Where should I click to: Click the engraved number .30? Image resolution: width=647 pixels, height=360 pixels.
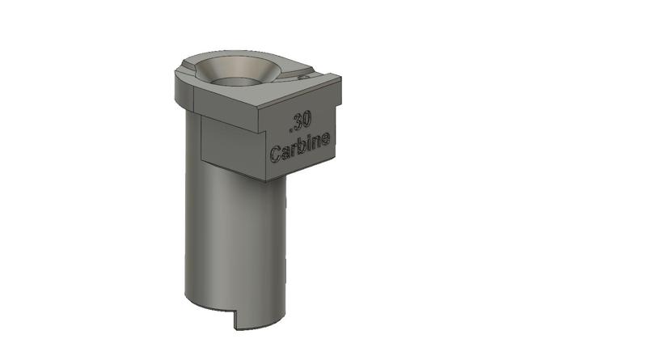click(300, 123)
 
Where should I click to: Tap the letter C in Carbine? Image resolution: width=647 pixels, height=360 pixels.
click(276, 154)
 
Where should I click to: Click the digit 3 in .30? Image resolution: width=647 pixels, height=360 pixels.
click(298, 123)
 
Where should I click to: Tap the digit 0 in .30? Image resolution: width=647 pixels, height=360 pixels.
click(306, 121)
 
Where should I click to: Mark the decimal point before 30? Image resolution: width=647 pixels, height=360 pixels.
click(290, 128)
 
